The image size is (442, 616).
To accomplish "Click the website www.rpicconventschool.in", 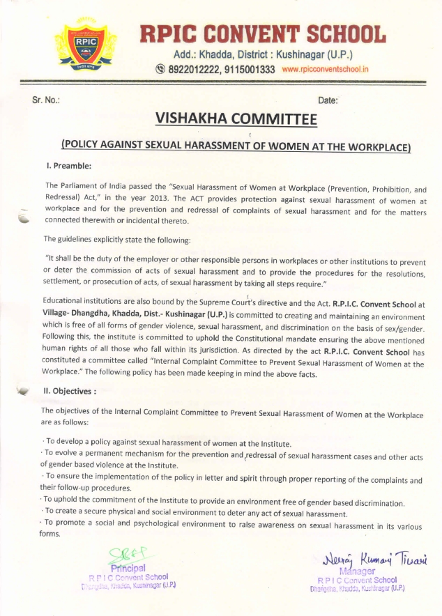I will pyautogui.click(x=325, y=70).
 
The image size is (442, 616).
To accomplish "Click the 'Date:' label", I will pyautogui.click(x=327, y=100).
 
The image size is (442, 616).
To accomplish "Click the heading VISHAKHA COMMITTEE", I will pyautogui.click(x=227, y=119).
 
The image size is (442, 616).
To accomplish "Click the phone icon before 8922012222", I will pyautogui.click(x=160, y=70).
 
